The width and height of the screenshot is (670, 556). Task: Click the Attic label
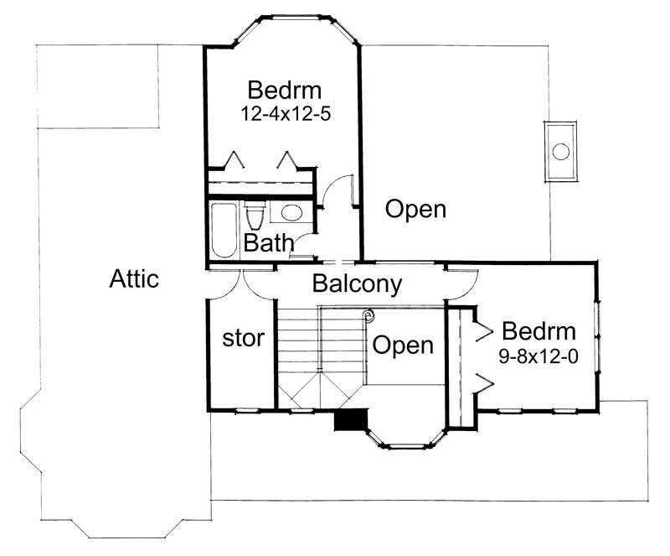point(134,279)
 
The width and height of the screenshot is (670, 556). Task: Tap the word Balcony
point(357,283)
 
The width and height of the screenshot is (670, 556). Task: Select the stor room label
point(243,339)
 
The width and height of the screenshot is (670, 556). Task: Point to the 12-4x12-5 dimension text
point(286,114)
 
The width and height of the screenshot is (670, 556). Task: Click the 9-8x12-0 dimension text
point(539,356)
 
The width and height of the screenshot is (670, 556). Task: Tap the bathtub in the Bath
point(224,229)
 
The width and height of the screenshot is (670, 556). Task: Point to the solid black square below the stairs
point(351,419)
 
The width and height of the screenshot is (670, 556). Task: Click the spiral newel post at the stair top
point(367,316)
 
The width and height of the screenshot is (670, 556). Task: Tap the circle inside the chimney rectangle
point(561,152)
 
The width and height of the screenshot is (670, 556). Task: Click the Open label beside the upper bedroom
point(415,209)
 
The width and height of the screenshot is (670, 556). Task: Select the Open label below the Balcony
point(403,345)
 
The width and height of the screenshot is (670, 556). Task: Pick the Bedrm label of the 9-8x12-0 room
point(538,330)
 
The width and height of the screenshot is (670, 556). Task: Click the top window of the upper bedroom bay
point(285,16)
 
